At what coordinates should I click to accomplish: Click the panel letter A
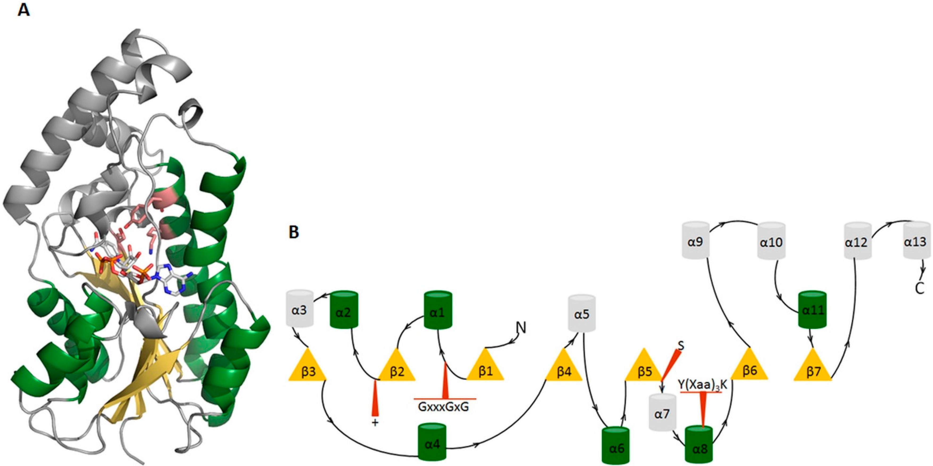pos(24,10)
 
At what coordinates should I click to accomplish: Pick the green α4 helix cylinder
pos(432,442)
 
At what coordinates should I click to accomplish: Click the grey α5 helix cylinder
pos(582,313)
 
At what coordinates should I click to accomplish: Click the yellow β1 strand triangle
pos(485,366)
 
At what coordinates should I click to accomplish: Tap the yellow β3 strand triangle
pos(308,366)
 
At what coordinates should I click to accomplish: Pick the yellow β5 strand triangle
pos(644,366)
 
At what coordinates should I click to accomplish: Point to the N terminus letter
pos(521,327)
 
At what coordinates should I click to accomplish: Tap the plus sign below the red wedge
pos(375,422)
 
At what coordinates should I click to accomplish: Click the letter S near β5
pos(681,346)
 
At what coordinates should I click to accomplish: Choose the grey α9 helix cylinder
pos(695,241)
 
